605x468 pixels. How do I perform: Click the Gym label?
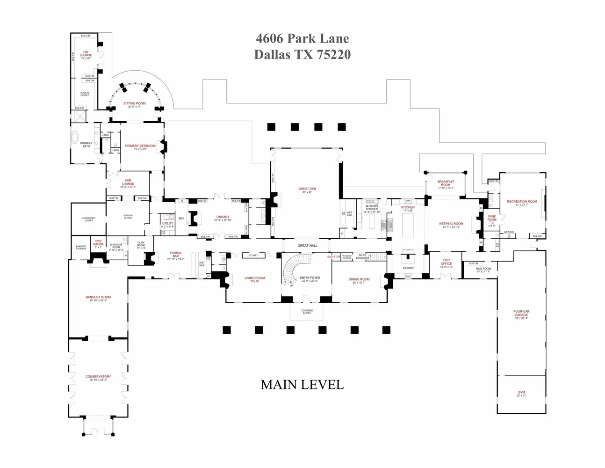(x=521, y=393)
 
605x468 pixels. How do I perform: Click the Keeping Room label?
(x=451, y=225)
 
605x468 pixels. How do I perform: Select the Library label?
(x=223, y=218)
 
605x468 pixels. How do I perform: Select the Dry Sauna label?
(x=98, y=243)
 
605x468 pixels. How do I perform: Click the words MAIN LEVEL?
(x=302, y=385)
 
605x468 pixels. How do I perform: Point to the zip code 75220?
(x=333, y=55)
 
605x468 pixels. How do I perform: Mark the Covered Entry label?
(x=307, y=311)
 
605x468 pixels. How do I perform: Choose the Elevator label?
(x=333, y=256)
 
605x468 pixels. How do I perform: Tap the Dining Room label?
(x=359, y=280)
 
